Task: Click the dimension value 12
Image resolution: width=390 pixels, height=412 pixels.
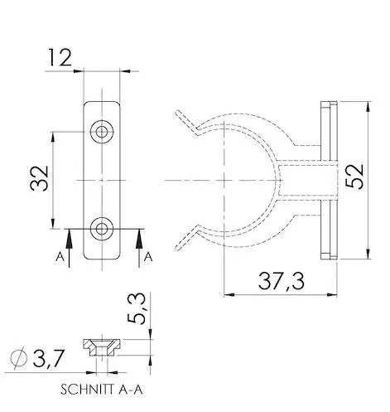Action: [60, 57]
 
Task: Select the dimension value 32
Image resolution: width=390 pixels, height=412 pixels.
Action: [39, 178]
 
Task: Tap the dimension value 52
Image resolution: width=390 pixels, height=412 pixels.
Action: [354, 177]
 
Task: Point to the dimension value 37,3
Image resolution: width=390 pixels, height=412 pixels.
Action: [282, 281]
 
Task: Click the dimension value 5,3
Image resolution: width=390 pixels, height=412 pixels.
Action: [136, 308]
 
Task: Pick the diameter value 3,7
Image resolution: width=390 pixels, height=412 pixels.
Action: [49, 359]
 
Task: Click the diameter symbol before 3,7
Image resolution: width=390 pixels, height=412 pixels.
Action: [19, 358]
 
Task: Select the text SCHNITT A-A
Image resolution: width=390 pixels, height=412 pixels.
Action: [102, 390]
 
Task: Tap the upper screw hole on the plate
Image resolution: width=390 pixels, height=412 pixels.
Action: [102, 132]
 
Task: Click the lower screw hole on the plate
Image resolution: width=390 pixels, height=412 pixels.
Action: [102, 229]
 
